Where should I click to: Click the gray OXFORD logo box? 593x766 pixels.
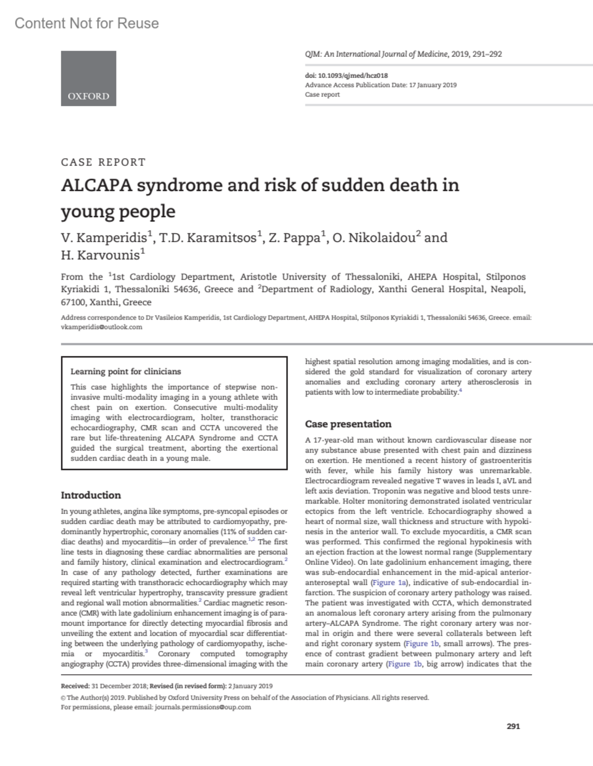tap(88, 78)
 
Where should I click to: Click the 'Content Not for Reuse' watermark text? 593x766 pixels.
tap(87, 23)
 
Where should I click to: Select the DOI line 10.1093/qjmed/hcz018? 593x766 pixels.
tap(346, 76)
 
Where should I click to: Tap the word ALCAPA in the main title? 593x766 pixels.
tap(96, 185)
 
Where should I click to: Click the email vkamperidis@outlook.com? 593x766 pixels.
tap(101, 327)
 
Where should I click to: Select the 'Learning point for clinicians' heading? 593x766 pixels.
tap(126, 371)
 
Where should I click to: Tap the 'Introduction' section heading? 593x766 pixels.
tap(90, 495)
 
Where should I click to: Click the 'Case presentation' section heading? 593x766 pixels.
tap(348, 424)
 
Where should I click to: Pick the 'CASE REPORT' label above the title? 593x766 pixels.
tap(103, 162)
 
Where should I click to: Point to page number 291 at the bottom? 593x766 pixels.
tap(513, 726)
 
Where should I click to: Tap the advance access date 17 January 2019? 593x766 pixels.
tap(433, 85)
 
